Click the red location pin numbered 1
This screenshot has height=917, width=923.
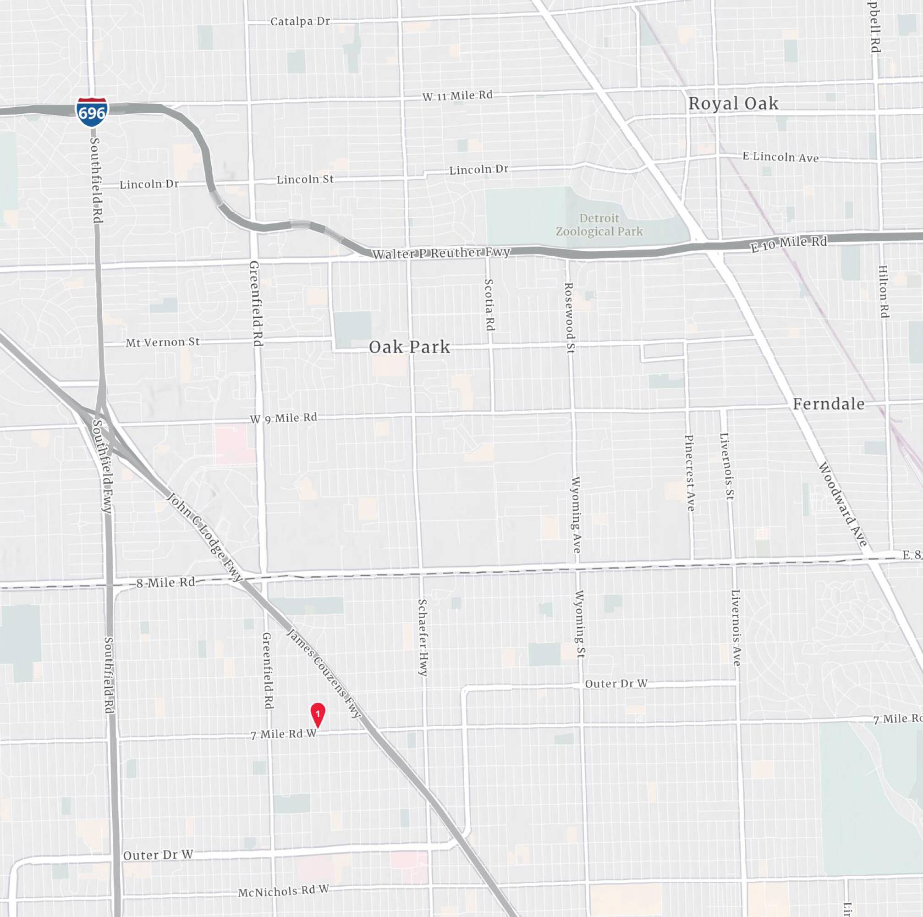[318, 714]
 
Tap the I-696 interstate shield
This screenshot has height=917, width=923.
[92, 112]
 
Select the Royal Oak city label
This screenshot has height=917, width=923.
[733, 103]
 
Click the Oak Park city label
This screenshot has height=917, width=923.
[409, 348]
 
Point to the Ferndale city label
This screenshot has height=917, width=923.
[829, 404]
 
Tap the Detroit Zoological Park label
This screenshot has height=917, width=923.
[599, 225]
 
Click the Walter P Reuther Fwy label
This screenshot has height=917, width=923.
[441, 253]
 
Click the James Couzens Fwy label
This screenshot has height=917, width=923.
[324, 673]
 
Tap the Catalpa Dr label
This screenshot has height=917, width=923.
[300, 22]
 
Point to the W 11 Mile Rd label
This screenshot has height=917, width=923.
[457, 95]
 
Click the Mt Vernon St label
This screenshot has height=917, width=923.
[162, 342]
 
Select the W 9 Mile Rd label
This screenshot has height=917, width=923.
[283, 419]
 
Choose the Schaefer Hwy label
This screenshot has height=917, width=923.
[423, 637]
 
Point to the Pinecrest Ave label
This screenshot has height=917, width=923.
[690, 473]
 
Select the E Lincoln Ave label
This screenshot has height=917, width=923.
[780, 157]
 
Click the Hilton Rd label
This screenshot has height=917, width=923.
[884, 292]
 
